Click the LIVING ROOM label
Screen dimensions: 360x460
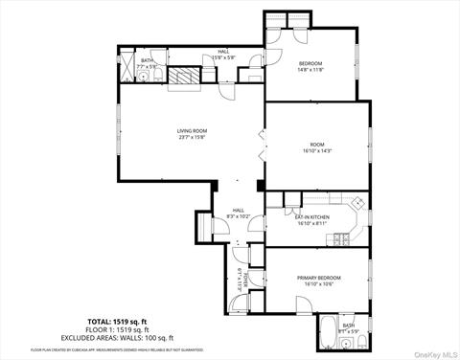pos(192,133)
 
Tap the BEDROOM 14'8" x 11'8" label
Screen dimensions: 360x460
pos(310,66)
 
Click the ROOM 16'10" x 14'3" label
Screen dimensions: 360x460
pos(316,147)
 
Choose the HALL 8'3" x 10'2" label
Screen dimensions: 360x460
pos(238,214)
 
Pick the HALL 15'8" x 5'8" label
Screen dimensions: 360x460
pos(222,55)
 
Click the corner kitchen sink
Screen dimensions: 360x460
pos(356,203)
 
